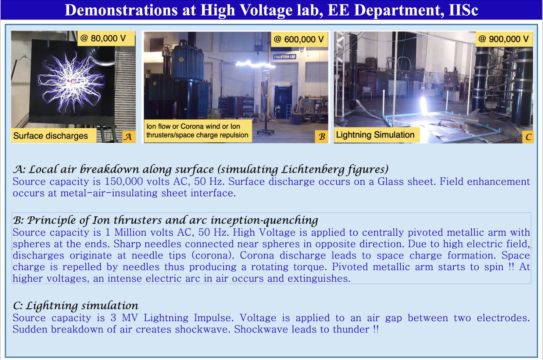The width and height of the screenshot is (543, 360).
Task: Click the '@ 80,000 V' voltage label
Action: pos(106,38)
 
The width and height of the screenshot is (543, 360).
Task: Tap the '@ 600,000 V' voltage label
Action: pos(299,39)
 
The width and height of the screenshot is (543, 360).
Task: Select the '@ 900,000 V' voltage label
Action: pos(504,39)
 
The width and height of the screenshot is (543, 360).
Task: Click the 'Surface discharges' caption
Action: pos(54,136)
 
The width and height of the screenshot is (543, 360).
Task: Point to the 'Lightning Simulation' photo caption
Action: pos(376,134)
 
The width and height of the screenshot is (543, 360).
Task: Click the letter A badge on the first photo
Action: pos(129,137)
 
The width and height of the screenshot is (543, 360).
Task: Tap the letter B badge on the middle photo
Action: pos(322,137)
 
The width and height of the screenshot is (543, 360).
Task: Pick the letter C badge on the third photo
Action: pos(528,137)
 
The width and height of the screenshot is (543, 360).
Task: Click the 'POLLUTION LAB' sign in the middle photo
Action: pos(284,57)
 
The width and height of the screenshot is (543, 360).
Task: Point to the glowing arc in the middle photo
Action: pos(255,64)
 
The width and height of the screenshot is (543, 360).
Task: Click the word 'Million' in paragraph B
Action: pos(130,232)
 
